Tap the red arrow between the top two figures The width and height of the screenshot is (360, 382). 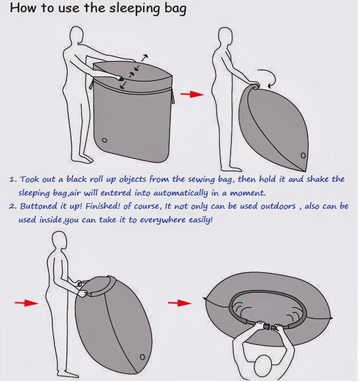click(192, 94)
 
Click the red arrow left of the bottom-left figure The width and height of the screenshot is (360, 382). click(26, 303)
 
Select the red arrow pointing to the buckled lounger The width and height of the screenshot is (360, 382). click(180, 303)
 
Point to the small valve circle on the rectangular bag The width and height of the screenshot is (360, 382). click(104, 140)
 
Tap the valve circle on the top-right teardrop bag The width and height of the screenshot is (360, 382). click(303, 155)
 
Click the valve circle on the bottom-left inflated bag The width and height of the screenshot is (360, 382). click(143, 357)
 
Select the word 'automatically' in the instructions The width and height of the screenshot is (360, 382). click(180, 193)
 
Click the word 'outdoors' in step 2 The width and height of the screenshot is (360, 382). click(278, 206)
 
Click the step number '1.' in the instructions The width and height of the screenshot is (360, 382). click(13, 180)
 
